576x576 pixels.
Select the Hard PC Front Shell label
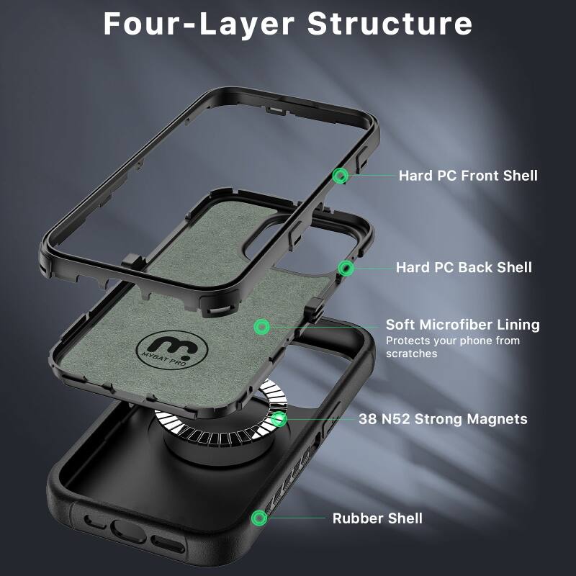468,175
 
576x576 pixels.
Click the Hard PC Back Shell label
464,268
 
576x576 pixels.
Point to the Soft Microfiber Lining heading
462,325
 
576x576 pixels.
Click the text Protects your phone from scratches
452,347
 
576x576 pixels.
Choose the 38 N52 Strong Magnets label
443,419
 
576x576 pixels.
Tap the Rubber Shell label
377,518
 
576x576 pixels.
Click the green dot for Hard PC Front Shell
341,175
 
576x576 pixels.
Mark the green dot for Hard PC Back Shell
347,269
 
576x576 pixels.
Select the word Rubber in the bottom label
356,518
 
